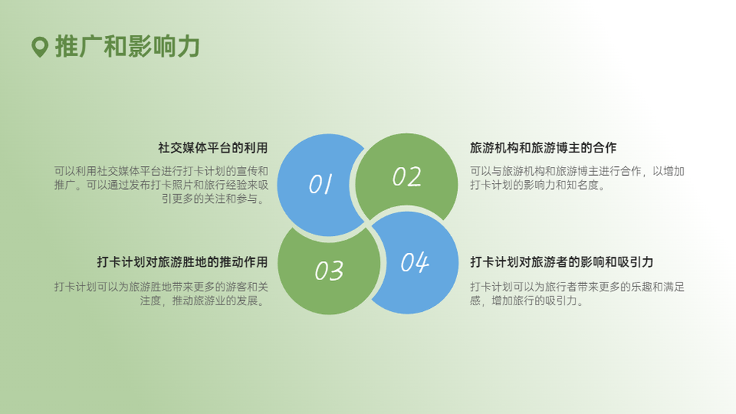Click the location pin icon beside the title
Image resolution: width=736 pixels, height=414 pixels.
(x=40, y=47)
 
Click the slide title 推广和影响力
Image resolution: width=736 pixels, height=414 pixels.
(x=127, y=46)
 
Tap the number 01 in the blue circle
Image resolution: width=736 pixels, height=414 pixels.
(x=321, y=184)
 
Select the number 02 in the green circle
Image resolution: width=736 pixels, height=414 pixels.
(x=406, y=176)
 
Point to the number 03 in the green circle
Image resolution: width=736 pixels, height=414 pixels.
(x=329, y=271)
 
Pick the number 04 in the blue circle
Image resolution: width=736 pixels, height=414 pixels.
(x=414, y=262)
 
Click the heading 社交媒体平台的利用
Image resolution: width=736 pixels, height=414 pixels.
(x=213, y=148)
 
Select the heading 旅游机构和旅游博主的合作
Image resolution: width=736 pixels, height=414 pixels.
(x=543, y=148)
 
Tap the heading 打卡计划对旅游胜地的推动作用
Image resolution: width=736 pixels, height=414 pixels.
(x=182, y=262)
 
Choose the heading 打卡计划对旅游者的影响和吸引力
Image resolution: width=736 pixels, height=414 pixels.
(x=562, y=262)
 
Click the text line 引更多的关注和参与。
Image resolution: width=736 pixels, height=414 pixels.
(x=215, y=199)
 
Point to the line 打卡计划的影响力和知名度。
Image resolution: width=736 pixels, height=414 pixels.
(x=539, y=185)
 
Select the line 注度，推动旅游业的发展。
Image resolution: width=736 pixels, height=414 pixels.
(x=204, y=301)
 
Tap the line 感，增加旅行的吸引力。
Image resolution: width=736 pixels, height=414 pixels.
(x=528, y=301)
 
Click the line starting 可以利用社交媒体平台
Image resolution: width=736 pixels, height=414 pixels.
(x=161, y=171)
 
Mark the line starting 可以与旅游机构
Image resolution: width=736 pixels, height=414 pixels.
(x=577, y=171)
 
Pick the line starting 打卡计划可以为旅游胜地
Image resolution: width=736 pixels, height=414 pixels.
(x=161, y=287)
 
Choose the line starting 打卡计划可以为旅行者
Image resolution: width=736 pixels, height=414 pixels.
(x=577, y=287)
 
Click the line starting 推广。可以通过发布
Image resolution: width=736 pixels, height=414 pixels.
(x=161, y=185)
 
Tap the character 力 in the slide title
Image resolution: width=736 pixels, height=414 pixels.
(x=188, y=46)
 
